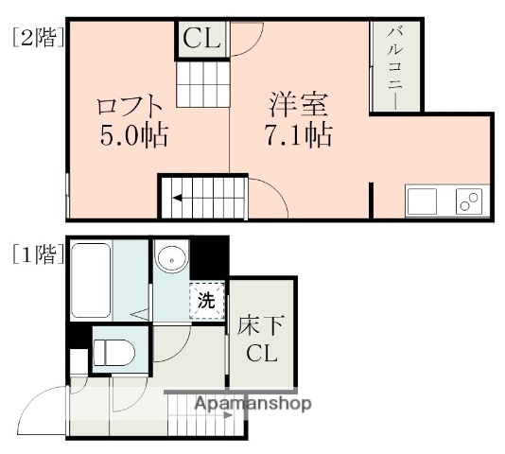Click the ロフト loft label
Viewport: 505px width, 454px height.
[x=131, y=105]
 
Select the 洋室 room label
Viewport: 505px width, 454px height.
[x=298, y=102]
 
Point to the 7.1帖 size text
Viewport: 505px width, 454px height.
[x=298, y=133]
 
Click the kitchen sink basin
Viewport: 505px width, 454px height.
[x=422, y=202]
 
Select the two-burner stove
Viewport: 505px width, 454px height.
[x=468, y=201]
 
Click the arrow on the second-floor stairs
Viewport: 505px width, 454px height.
[x=188, y=200]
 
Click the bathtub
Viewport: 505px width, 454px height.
[x=93, y=281]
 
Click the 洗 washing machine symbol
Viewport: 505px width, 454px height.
[x=207, y=301]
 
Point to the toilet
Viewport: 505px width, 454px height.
[x=114, y=350]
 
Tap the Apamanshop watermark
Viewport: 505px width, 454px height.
[x=252, y=404]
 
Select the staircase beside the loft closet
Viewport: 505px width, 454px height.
[x=202, y=83]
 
